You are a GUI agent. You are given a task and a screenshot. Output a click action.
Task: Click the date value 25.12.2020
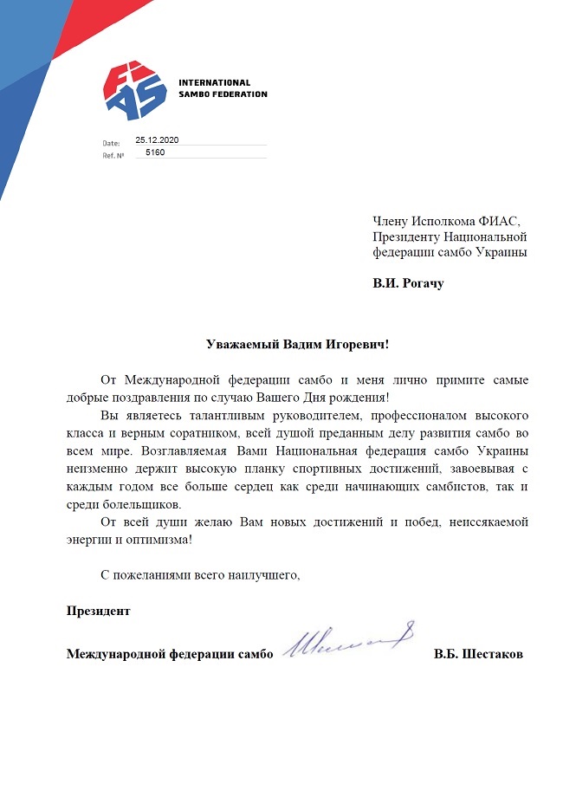[156, 139]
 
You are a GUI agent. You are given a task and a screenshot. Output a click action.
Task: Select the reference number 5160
[156, 152]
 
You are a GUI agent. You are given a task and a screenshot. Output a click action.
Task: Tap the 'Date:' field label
[111, 142]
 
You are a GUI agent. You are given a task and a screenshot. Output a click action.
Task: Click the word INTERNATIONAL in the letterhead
[214, 83]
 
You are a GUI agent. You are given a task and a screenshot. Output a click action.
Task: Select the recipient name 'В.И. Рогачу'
[407, 283]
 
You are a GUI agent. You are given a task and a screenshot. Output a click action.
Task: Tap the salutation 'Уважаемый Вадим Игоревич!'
[298, 344]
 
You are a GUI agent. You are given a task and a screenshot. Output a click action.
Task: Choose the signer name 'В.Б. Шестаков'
[478, 655]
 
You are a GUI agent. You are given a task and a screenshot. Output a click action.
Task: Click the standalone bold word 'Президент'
[99, 610]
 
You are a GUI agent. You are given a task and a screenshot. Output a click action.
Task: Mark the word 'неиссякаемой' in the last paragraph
[488, 522]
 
